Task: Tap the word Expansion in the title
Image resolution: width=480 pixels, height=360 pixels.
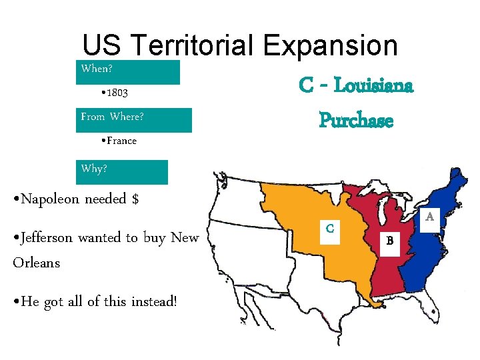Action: (x=330, y=46)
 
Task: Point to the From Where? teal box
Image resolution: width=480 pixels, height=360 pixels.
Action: (x=135, y=119)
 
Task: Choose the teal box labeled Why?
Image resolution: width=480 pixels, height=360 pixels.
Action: (x=123, y=172)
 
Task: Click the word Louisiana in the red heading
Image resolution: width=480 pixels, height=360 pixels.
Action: (x=373, y=86)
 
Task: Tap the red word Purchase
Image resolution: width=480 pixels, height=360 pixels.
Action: (x=356, y=120)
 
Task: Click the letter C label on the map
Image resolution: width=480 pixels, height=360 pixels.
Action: (x=329, y=228)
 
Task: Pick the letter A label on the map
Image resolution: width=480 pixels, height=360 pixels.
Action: (x=430, y=217)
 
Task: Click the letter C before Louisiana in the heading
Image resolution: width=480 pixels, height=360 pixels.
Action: (x=307, y=86)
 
